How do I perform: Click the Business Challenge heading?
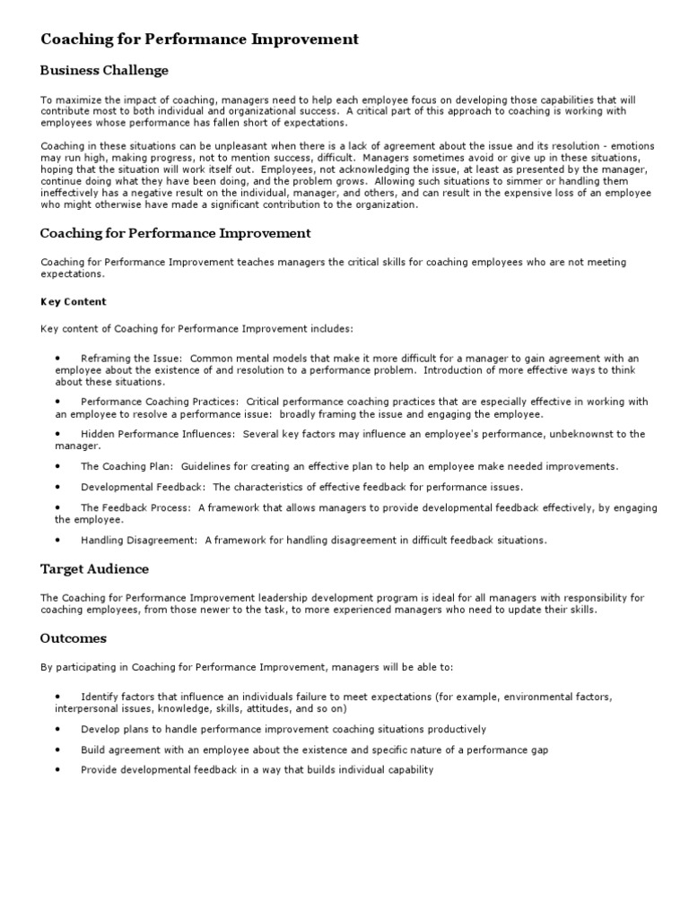(104, 70)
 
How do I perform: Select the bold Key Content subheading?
(74, 302)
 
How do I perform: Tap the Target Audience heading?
(94, 569)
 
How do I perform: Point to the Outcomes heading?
(74, 638)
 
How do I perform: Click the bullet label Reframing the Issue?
(131, 358)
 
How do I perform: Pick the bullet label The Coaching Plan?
(127, 466)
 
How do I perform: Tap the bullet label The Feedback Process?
(135, 507)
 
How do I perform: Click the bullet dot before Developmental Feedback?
(57, 487)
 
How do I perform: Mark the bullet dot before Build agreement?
(57, 749)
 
